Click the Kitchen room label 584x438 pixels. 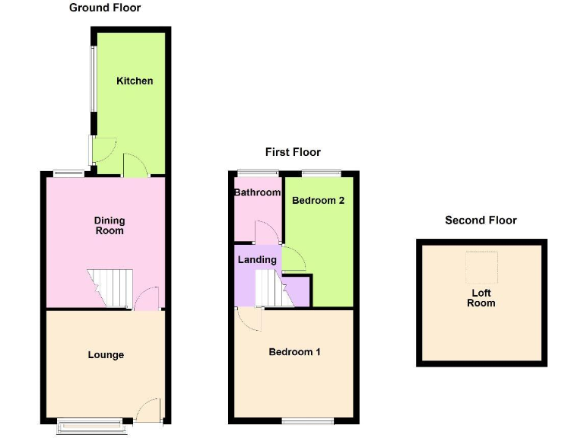click(135, 81)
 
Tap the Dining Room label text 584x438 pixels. click(109, 225)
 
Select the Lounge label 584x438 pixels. click(106, 354)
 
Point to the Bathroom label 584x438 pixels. click(257, 192)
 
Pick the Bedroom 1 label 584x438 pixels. click(295, 352)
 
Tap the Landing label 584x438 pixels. click(257, 259)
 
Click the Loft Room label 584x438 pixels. click(481, 298)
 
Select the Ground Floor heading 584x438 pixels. click(105, 8)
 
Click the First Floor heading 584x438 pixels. click(293, 152)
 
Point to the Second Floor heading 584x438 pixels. click(481, 221)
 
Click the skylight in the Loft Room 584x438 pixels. click(481, 265)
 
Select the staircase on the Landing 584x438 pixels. click(275, 288)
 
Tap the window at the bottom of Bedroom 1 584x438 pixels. click(307, 421)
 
